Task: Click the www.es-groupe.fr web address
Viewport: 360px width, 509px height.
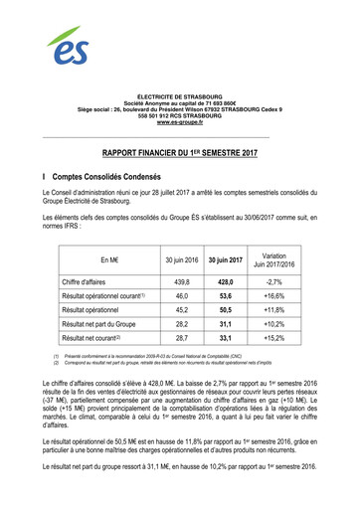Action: click(180, 121)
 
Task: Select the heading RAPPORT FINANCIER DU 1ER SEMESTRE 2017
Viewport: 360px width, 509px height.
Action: click(180, 154)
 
